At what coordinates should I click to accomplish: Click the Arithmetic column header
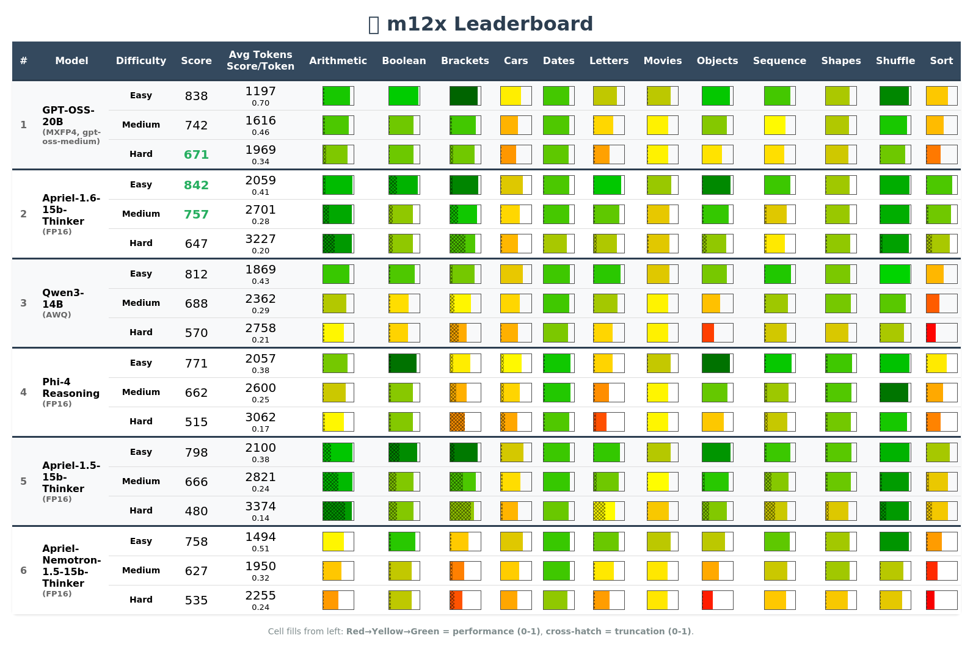coord(338,60)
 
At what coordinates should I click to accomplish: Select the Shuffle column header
coord(895,60)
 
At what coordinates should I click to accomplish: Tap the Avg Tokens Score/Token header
coord(260,60)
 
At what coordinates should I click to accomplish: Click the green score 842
coord(196,185)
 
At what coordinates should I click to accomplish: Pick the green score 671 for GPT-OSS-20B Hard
coord(196,154)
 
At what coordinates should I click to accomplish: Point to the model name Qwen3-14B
coord(63,298)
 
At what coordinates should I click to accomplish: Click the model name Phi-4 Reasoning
coord(70,388)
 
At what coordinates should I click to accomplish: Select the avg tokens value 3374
coord(260,506)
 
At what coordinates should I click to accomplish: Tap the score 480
coord(196,511)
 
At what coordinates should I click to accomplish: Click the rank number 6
coord(23,570)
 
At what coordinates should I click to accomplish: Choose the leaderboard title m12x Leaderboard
coord(489,24)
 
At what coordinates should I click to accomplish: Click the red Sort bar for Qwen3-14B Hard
coord(941,333)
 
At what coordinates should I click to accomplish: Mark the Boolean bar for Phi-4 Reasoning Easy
coord(404,363)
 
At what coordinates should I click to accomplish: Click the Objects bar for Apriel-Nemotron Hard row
coord(717,600)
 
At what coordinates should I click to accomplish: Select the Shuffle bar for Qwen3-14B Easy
coord(895,274)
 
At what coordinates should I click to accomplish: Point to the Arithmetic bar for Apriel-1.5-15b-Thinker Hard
coord(338,511)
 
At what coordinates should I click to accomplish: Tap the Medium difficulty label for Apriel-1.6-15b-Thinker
coord(140,214)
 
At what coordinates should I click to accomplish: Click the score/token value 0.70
coord(260,103)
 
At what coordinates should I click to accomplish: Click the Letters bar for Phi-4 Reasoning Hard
coord(608,422)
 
